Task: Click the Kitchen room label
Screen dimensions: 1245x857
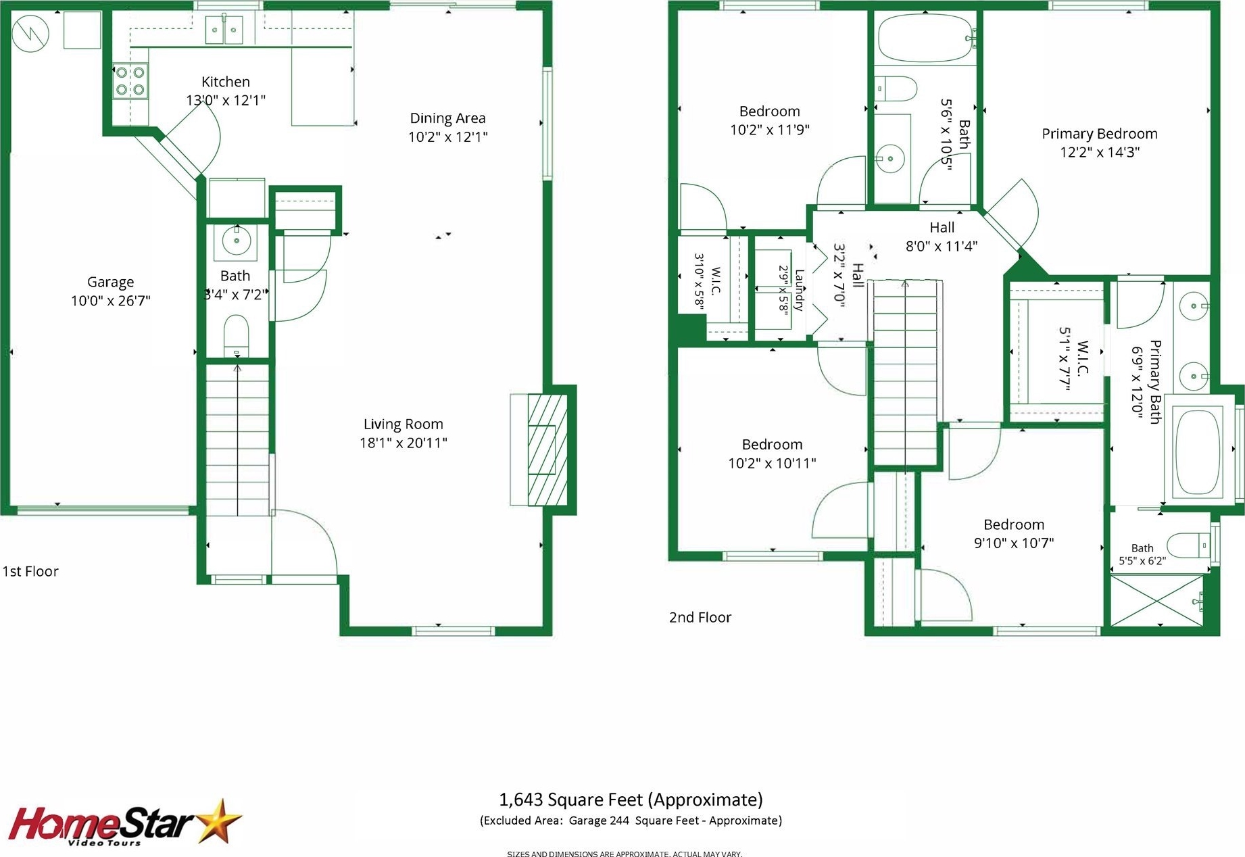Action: coord(226,82)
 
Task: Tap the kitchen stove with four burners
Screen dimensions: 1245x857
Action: coord(130,81)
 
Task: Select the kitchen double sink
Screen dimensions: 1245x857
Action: coord(224,30)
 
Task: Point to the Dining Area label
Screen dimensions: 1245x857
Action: coord(447,118)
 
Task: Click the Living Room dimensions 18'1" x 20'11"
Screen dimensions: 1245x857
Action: coord(404,443)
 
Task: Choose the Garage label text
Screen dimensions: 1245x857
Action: coord(110,282)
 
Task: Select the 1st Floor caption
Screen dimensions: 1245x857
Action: coord(30,571)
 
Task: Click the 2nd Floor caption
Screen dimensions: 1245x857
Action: coord(700,617)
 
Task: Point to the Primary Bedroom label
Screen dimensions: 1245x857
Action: coord(1100,134)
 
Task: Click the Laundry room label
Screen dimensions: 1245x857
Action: coord(800,290)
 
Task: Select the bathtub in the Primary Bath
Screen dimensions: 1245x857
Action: coord(1198,452)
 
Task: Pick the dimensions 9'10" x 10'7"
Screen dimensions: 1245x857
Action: coord(1014,543)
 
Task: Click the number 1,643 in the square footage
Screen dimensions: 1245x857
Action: coord(520,800)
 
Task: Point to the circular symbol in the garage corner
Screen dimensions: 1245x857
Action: coord(30,32)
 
